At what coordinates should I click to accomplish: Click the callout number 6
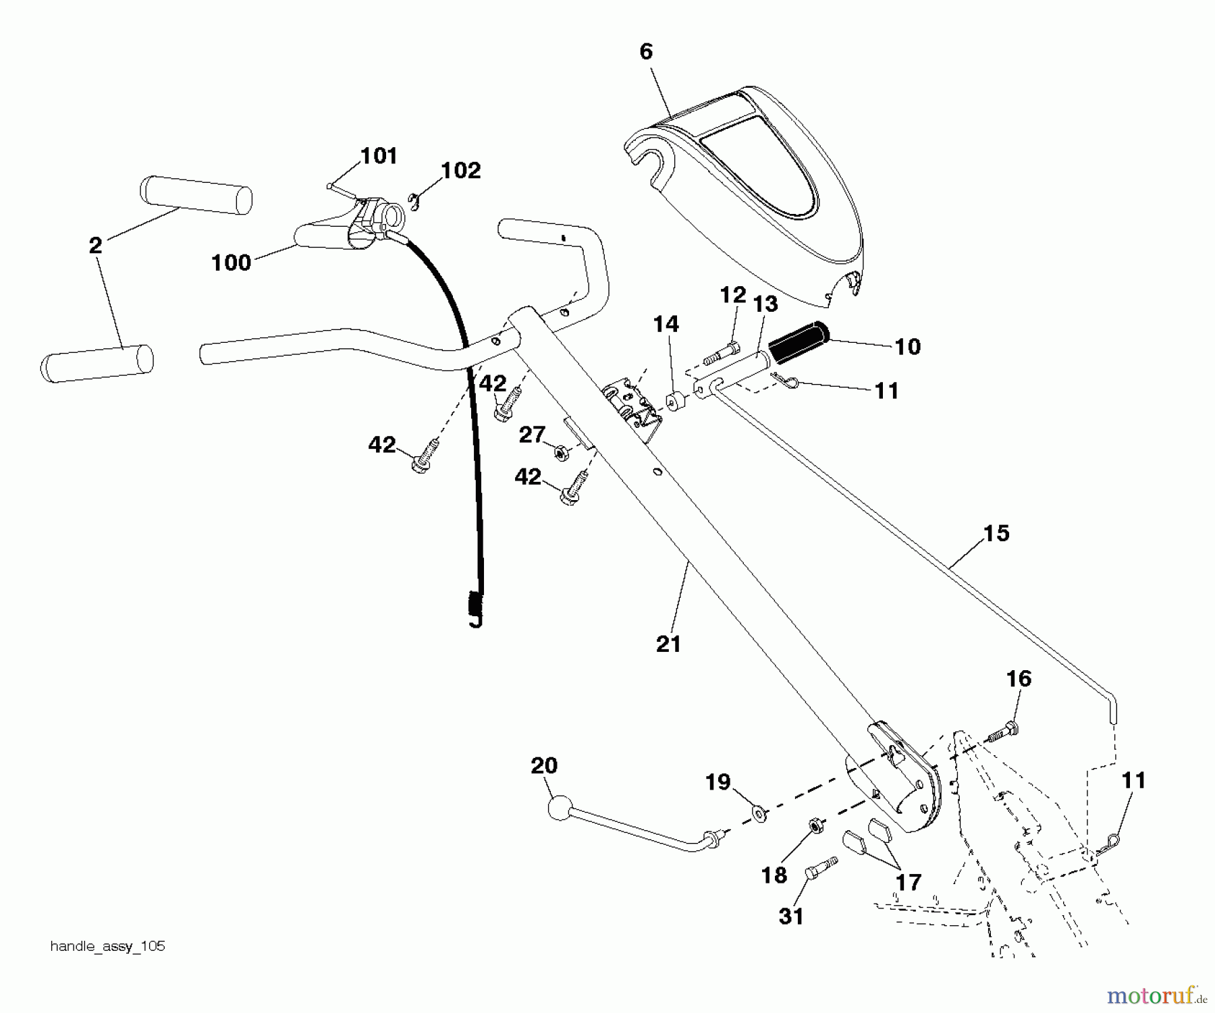tap(646, 52)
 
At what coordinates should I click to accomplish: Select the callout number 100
tap(231, 263)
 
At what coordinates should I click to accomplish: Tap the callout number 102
tap(461, 171)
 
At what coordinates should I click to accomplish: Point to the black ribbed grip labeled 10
tap(800, 343)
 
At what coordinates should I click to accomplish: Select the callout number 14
tap(666, 325)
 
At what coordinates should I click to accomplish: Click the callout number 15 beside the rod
tap(996, 533)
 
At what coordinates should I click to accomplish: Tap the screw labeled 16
tap(1004, 733)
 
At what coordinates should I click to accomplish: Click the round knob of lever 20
tap(560, 808)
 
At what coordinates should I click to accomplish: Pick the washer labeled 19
tap(759, 814)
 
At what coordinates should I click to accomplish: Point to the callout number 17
tap(909, 883)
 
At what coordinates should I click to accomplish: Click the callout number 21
tap(668, 644)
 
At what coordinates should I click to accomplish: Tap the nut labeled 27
tap(560, 452)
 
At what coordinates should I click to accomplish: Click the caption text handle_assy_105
tap(108, 946)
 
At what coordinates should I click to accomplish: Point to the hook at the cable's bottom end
tap(476, 620)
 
